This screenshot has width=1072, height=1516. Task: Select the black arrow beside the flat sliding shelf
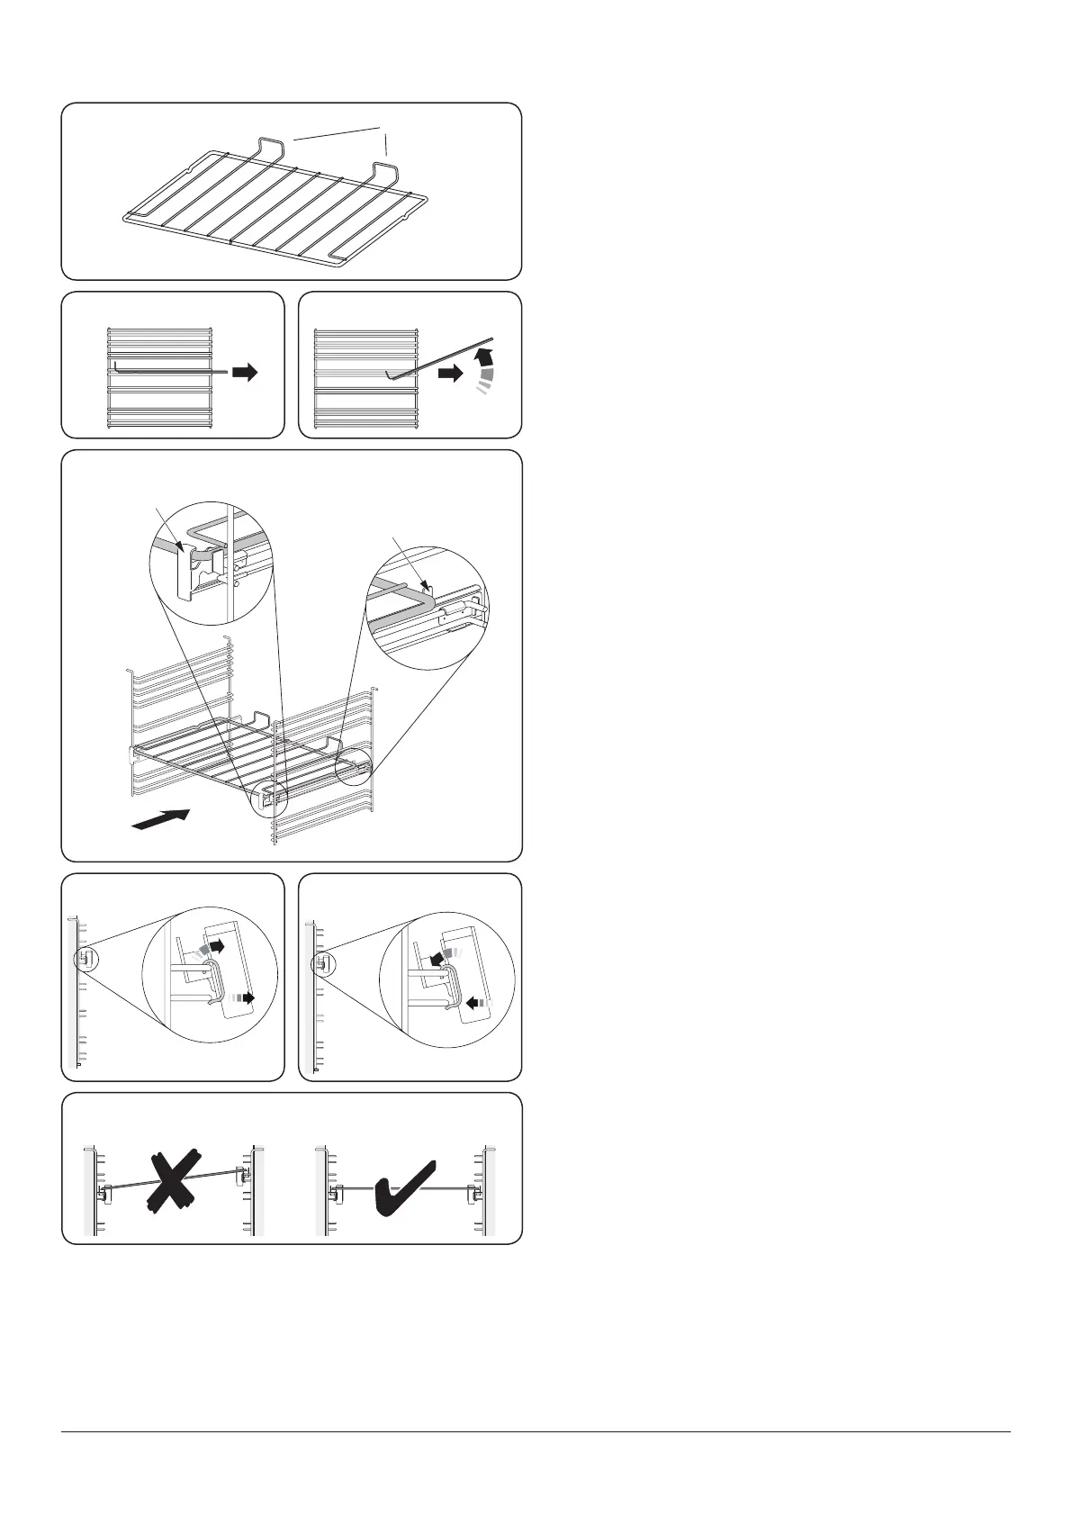click(x=244, y=372)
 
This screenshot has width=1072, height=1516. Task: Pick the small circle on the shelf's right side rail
click(x=353, y=766)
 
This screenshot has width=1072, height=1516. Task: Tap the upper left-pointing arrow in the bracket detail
click(x=443, y=958)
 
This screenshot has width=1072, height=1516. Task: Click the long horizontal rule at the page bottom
click(x=536, y=1431)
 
